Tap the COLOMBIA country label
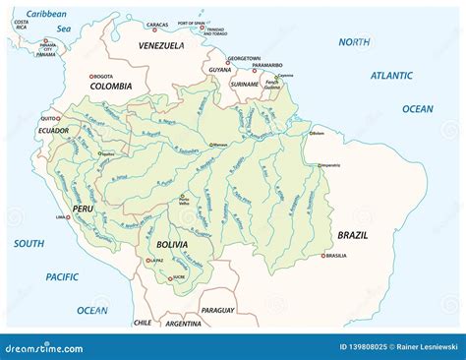110,86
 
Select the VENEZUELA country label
161,45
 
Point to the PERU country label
83,210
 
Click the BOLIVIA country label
173,243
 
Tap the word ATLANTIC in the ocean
391,75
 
